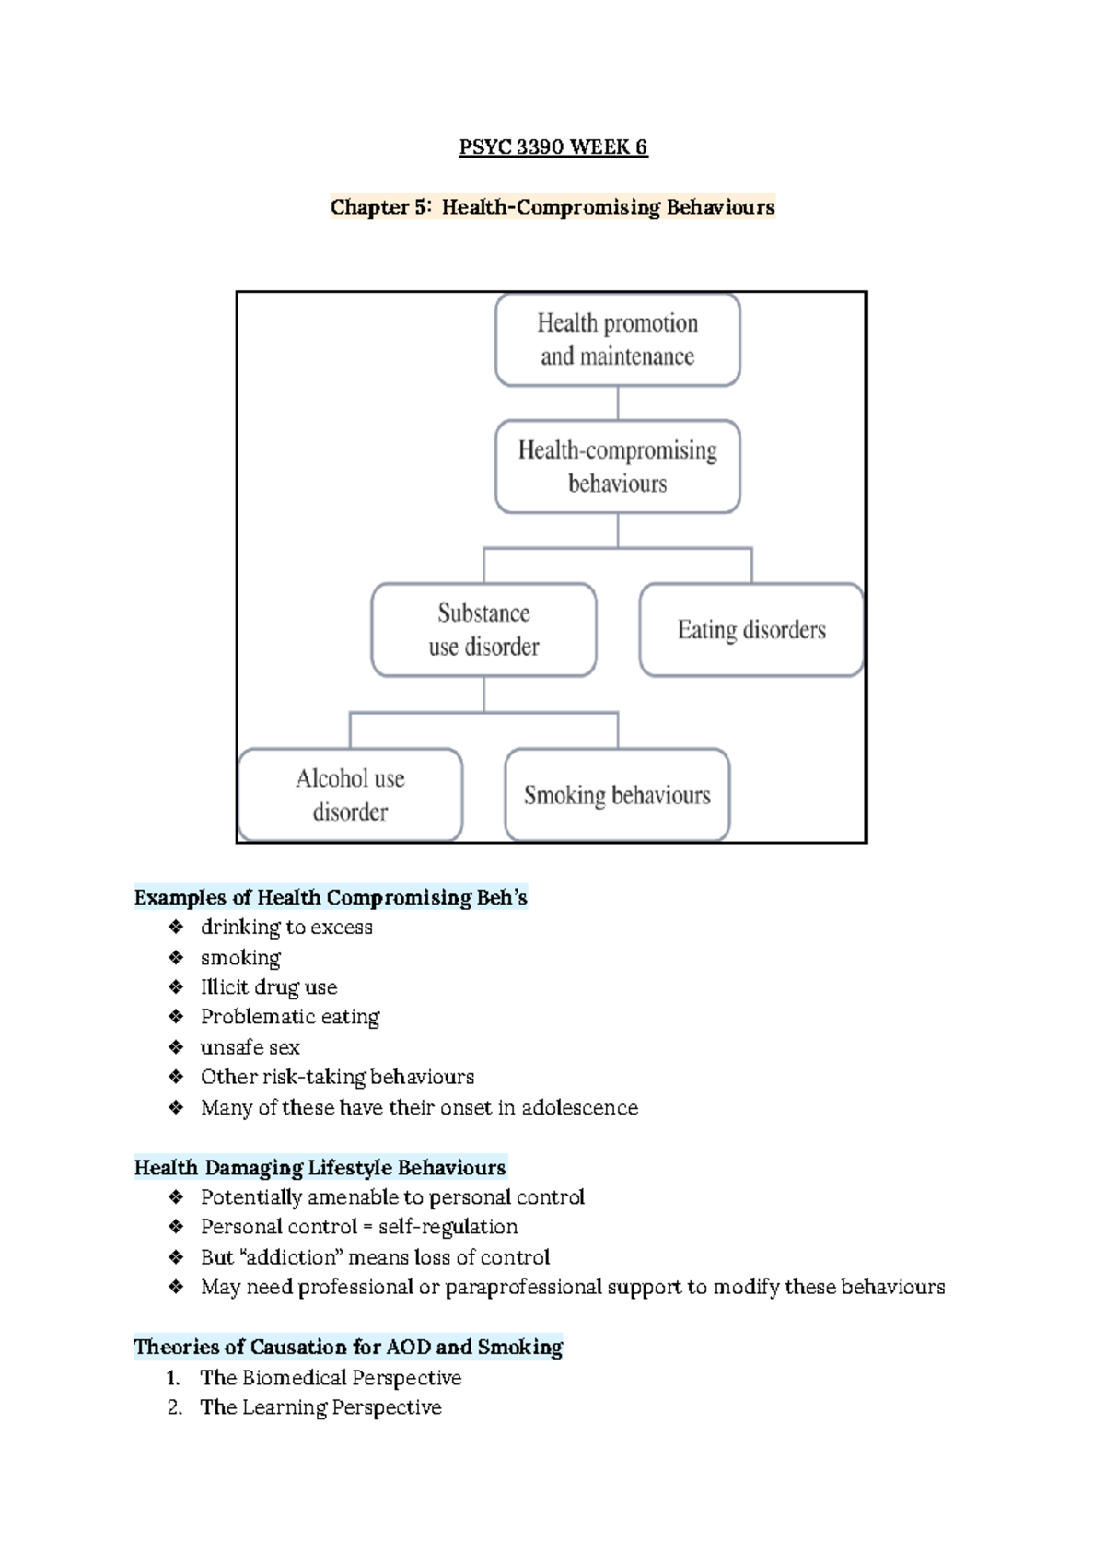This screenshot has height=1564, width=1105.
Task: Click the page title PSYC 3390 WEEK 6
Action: point(552,147)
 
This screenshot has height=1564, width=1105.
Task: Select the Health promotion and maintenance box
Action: point(617,340)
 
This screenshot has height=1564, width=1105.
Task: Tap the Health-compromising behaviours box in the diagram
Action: point(617,466)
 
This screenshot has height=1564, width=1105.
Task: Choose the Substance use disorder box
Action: point(483,630)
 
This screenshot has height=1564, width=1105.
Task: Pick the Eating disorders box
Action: point(751,630)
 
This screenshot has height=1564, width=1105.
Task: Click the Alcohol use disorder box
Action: point(350,795)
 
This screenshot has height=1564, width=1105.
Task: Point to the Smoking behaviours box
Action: point(617,795)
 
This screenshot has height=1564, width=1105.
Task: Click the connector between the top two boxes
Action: point(618,403)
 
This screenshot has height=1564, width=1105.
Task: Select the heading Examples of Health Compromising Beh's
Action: point(331,897)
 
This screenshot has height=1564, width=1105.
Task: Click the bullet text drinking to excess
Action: point(286,928)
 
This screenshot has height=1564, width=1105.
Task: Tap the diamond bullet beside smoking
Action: point(176,958)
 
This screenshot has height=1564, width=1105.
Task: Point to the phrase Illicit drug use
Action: point(269,987)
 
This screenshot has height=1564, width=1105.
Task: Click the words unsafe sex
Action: point(250,1047)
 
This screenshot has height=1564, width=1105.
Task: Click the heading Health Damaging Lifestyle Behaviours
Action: point(320,1168)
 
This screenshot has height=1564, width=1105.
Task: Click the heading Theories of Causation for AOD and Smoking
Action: point(348,1348)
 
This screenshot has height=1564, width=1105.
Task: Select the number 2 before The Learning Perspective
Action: point(173,1407)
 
